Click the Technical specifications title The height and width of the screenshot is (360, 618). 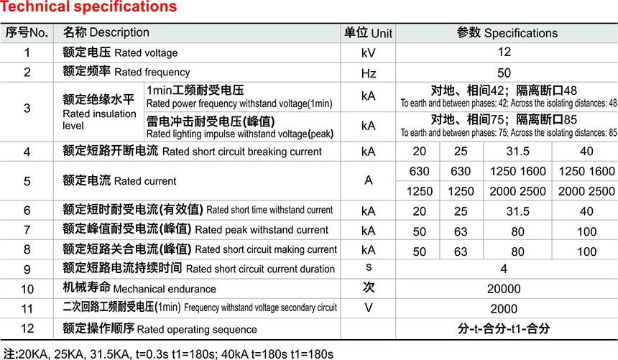(x=88, y=8)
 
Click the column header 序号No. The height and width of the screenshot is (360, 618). (x=27, y=33)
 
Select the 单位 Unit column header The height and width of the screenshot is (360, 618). (x=368, y=33)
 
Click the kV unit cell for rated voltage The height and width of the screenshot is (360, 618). (x=368, y=52)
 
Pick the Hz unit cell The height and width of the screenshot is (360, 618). (x=368, y=73)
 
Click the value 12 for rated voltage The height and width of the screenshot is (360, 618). (x=504, y=52)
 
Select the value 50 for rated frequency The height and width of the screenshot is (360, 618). (x=504, y=73)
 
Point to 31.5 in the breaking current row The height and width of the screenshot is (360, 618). (x=517, y=152)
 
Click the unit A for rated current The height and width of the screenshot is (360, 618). (x=368, y=180)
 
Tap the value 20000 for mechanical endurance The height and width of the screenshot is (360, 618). (x=504, y=289)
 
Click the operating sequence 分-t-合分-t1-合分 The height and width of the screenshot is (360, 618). (x=504, y=329)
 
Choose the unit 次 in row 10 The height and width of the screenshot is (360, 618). (x=368, y=288)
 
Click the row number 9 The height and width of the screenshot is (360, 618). (x=27, y=269)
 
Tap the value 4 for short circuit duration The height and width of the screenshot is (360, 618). (x=504, y=269)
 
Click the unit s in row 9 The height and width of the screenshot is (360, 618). (x=368, y=268)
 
